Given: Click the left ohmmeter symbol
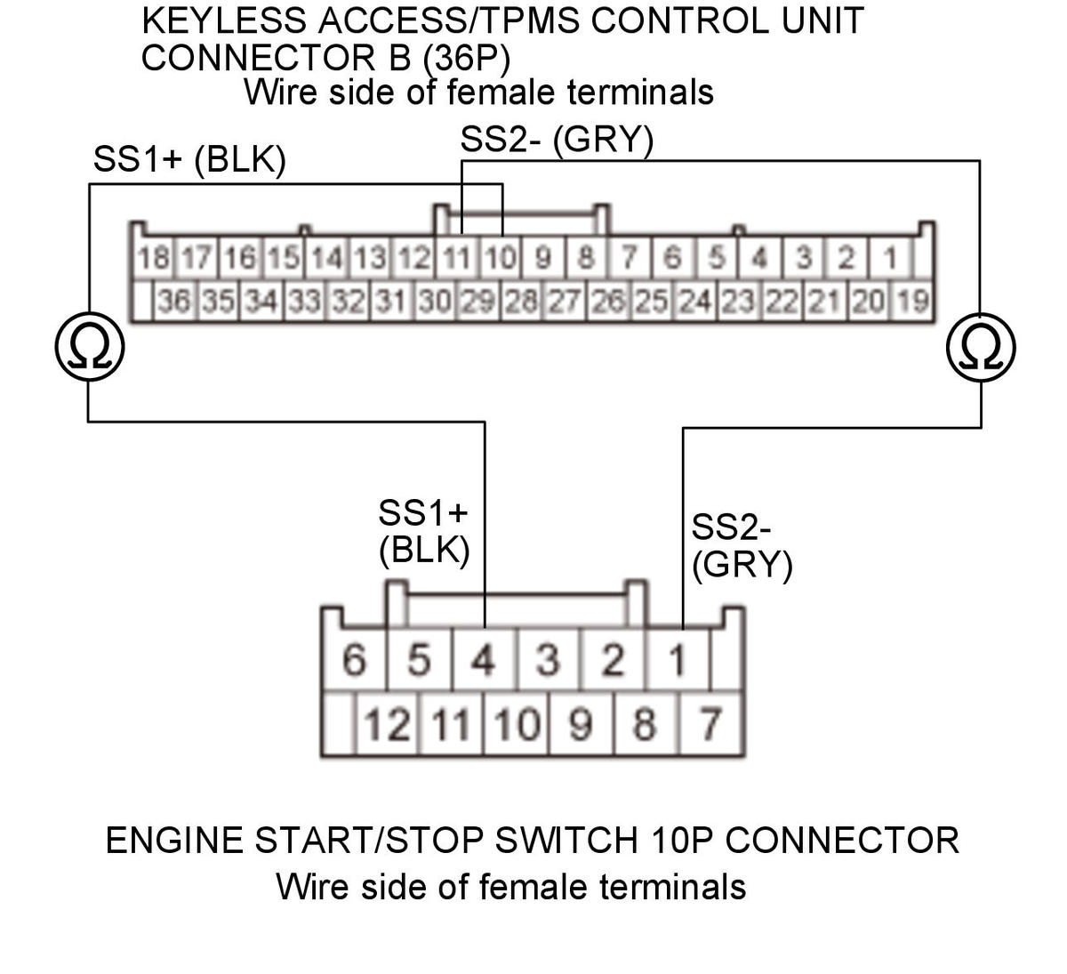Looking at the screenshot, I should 89,346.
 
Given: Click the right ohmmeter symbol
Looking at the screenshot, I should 981,346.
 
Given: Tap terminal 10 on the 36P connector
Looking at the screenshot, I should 501,259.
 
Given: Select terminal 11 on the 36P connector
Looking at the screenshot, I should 457,259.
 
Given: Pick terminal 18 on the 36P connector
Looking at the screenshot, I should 153,259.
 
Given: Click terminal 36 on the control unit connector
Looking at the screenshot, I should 174,302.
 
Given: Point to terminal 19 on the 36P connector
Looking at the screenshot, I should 912,302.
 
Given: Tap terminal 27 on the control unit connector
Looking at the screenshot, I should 564,302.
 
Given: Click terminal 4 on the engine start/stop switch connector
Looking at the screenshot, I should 483,660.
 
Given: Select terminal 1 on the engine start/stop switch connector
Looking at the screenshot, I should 677,660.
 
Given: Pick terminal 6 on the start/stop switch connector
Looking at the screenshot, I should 353,660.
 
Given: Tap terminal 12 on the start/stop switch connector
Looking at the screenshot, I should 387,724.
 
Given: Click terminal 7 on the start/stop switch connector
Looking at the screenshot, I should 710,724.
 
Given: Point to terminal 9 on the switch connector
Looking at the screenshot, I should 580,724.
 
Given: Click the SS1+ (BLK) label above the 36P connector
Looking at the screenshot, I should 189,160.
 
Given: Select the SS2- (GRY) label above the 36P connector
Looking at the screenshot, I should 557,140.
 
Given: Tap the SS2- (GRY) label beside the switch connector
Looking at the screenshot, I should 741,546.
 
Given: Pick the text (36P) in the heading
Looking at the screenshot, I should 467,58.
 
